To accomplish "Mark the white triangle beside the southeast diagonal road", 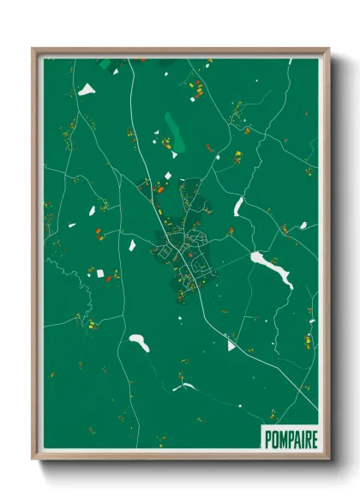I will coord(231,345).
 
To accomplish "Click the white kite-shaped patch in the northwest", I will coord(87,89).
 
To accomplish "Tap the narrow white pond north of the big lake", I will coord(239,207).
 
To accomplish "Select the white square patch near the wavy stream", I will coord(99,273).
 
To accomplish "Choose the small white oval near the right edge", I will coord(303,225).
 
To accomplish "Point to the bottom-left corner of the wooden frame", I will coord(33,459).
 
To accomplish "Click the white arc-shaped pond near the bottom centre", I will coord(184,387).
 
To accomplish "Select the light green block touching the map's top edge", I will coord(105,63).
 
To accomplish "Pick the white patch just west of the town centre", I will coord(133,243).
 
